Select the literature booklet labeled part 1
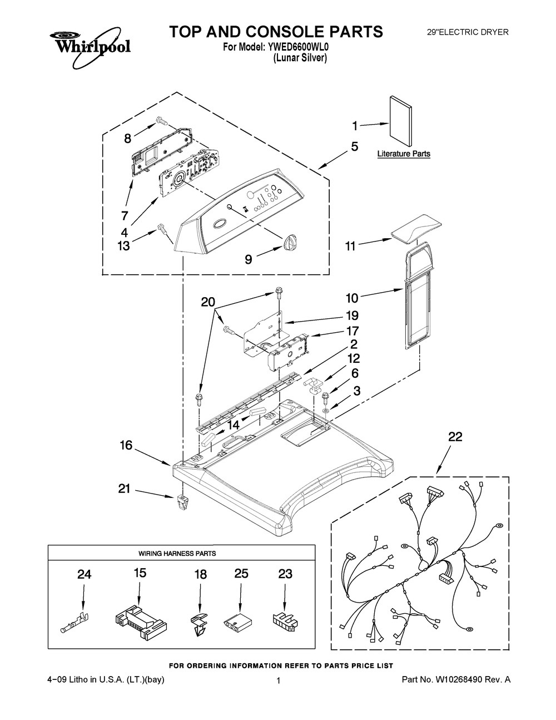[x=401, y=121]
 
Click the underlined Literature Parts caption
[x=404, y=154]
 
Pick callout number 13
[x=123, y=246]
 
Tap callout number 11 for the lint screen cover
[x=350, y=246]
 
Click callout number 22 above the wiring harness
[x=455, y=437]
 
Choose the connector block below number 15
[x=140, y=618]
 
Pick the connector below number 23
[x=285, y=619]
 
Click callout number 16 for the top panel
[x=126, y=445]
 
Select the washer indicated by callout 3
[x=326, y=411]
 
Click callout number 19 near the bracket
[x=353, y=315]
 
